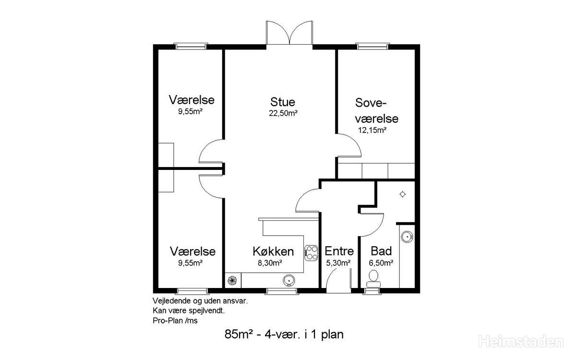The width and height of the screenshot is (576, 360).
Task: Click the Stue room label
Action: click(x=282, y=102)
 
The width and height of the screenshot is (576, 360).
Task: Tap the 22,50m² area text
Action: click(x=283, y=113)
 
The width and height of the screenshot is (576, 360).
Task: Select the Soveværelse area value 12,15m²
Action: click(x=372, y=130)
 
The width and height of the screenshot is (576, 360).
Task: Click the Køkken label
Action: click(x=273, y=251)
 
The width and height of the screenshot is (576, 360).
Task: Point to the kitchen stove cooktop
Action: click(x=311, y=253)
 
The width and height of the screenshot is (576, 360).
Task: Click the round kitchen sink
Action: click(x=289, y=280)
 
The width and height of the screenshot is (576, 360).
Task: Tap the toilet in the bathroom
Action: click(x=373, y=279)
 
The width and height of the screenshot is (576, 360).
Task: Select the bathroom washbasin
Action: click(x=407, y=237)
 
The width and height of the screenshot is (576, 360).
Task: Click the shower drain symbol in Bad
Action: click(x=402, y=194)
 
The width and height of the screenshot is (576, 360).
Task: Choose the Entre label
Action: click(x=339, y=251)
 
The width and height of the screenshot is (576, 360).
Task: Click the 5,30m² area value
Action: click(x=338, y=263)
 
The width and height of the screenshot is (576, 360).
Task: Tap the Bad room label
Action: click(x=381, y=251)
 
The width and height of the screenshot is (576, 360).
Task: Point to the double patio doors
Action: click(x=289, y=33)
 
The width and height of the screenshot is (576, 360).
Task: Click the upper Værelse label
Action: click(x=192, y=100)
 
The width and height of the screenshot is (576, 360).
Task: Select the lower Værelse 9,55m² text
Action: click(x=190, y=263)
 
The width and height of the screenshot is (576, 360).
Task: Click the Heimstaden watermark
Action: click(x=521, y=342)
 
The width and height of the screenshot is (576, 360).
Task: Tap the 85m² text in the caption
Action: click(x=237, y=334)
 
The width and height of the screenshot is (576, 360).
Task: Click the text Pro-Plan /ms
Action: click(x=175, y=321)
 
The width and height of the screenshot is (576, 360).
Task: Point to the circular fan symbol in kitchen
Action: click(x=232, y=280)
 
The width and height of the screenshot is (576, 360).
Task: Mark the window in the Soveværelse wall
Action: click(x=372, y=46)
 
